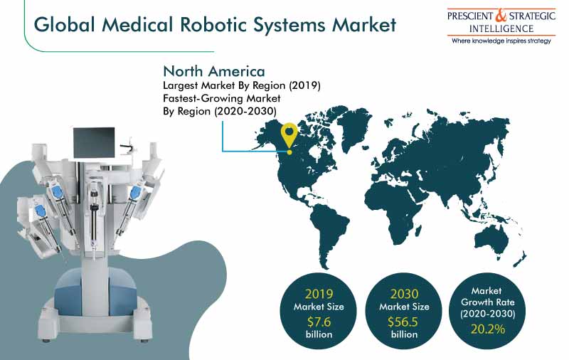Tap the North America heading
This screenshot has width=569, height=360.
214,71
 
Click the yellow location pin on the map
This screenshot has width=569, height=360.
289,138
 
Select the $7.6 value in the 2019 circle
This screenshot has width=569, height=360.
319,322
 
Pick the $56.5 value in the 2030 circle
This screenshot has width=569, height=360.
403,322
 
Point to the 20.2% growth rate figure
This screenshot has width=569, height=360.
488,329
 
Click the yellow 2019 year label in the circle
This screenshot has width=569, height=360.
319,294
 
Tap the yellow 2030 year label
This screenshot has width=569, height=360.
404,294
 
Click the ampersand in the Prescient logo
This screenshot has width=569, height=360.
501,16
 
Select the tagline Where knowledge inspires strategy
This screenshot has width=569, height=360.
501,41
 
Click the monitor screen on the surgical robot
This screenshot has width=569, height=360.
94,142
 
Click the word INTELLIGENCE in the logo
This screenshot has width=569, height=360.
501,28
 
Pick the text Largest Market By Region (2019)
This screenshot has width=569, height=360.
242,85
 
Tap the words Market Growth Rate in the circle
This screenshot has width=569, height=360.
487,297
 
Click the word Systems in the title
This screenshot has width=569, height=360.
289,26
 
